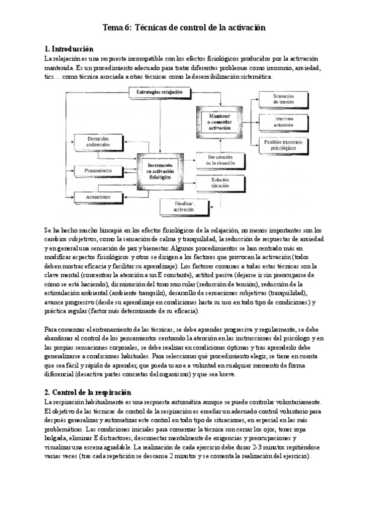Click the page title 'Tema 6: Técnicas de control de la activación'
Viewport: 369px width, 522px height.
[184, 28]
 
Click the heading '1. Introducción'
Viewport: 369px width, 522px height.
[69, 48]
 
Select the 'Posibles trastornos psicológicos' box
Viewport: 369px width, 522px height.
[283, 145]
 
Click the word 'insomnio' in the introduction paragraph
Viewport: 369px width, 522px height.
[278, 67]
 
